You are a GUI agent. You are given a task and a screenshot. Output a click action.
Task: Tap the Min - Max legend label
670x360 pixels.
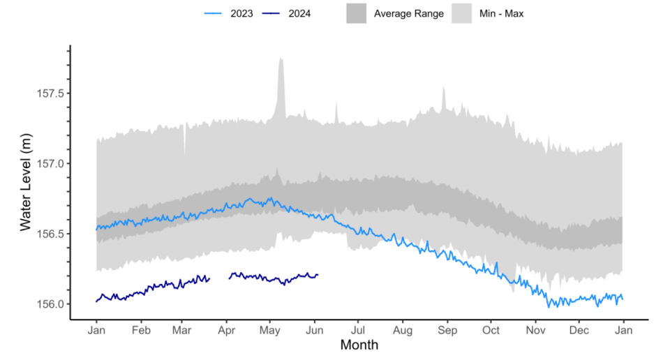(501, 14)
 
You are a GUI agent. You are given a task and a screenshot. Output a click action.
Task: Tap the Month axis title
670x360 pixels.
(359, 345)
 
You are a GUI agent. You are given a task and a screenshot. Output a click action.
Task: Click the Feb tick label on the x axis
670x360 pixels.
(141, 329)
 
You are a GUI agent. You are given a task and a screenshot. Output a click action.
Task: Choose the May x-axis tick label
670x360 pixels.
(270, 329)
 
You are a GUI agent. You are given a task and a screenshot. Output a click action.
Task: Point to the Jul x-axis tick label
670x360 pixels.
(358, 329)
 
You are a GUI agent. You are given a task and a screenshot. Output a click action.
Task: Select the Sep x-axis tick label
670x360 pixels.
(447, 329)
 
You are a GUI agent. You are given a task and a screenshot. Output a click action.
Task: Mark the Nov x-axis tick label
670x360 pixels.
(535, 329)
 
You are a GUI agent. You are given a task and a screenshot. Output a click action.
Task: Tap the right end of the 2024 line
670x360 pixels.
(318, 275)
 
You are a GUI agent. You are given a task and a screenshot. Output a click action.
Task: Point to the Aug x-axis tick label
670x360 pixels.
(403, 329)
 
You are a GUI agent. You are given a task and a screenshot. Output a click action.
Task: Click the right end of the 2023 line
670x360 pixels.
(622, 299)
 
